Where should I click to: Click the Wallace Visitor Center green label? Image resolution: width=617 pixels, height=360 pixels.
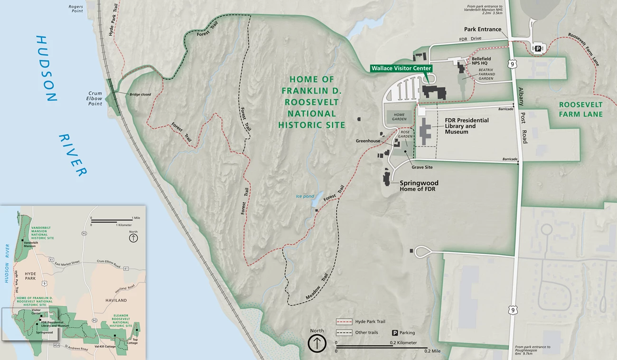click(401, 68)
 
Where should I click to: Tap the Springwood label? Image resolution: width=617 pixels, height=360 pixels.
click(419, 183)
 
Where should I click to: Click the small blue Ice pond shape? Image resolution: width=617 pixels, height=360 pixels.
click(316, 201)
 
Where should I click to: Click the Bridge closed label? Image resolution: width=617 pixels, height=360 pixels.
click(140, 95)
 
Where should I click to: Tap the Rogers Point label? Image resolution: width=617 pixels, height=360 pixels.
click(76, 9)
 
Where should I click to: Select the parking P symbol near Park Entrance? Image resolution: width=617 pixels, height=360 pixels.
click(539, 48)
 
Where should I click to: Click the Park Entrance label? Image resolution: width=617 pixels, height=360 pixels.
click(483, 29)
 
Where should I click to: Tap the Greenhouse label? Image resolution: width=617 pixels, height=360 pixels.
click(369, 141)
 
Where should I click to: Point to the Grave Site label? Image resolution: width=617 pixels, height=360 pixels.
click(422, 167)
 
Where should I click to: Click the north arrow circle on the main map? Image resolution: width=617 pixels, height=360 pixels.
click(317, 343)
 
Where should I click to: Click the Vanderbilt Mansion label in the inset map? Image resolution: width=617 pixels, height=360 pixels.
click(30, 244)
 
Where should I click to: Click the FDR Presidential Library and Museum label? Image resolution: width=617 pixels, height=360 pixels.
click(467, 126)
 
